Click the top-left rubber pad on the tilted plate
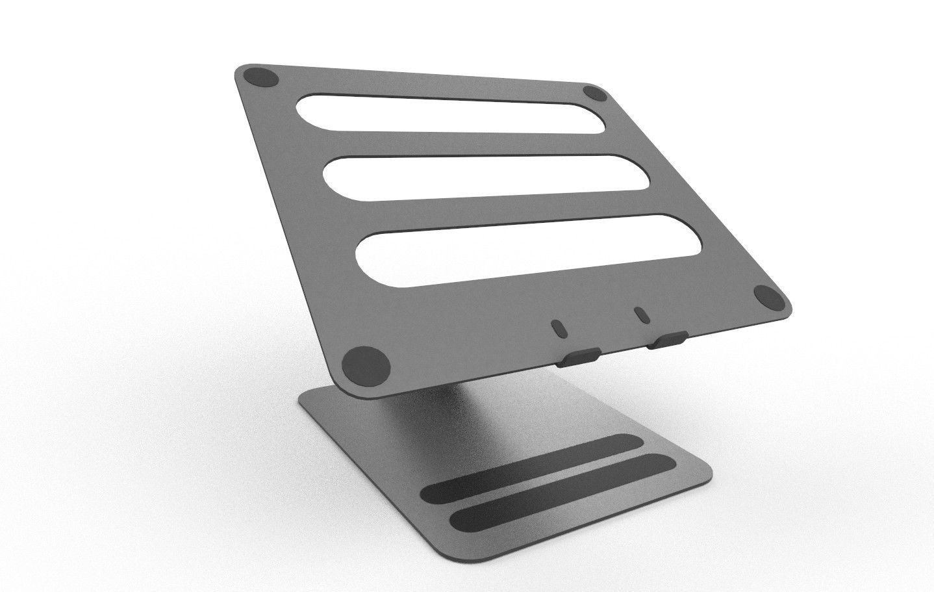click(x=263, y=78)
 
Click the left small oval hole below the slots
click(x=557, y=327)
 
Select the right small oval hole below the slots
click(x=642, y=315)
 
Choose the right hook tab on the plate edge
click(x=667, y=340)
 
